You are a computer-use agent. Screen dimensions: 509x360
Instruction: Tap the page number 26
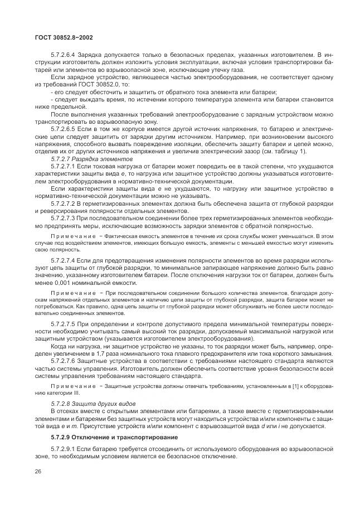38,472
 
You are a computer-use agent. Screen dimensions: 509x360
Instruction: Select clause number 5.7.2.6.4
64,55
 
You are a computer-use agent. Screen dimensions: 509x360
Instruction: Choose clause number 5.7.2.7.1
64,166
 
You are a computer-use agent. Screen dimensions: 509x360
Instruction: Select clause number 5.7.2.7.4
64,260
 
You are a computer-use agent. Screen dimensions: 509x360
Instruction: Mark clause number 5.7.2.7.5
64,323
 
